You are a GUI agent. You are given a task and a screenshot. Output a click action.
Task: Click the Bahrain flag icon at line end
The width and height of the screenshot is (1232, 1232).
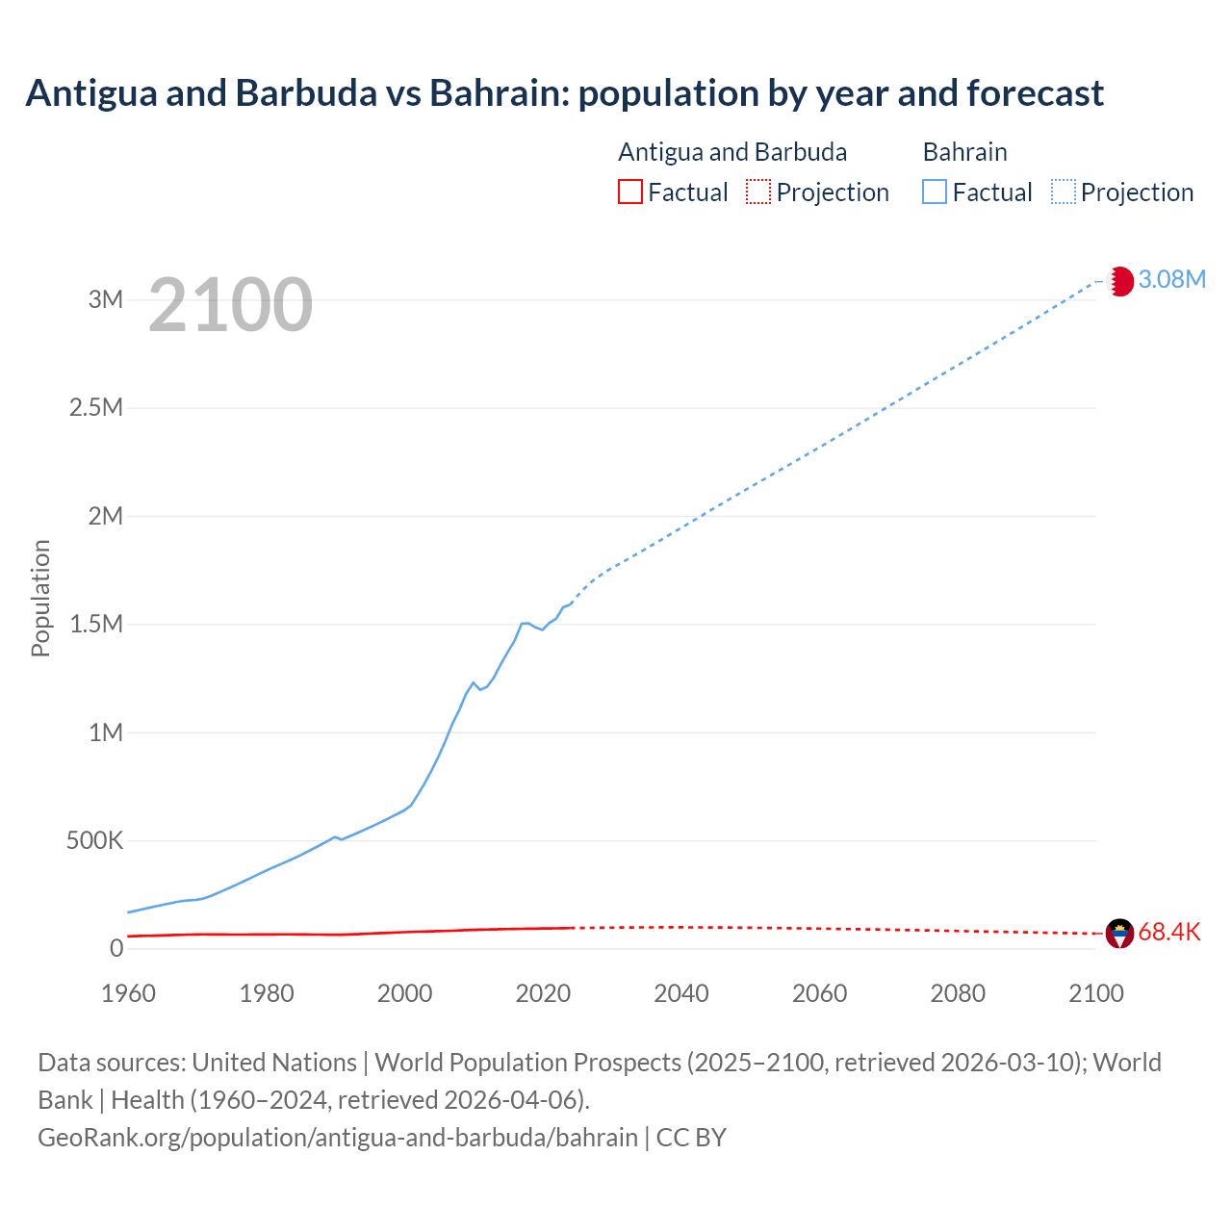click(1120, 281)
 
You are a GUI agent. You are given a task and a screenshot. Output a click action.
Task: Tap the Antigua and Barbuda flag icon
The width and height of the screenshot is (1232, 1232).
click(1119, 933)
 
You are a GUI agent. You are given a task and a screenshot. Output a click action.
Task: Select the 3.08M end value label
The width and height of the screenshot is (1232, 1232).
click(1171, 279)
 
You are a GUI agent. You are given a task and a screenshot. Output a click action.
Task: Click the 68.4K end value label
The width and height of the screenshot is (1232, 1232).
click(1169, 932)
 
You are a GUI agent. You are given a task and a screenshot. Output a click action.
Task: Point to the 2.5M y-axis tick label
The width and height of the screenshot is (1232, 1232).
click(96, 407)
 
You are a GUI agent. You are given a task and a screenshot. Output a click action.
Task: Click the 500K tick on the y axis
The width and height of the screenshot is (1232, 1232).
click(95, 840)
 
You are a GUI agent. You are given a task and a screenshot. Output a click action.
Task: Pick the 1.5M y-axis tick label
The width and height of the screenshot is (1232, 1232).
click(96, 624)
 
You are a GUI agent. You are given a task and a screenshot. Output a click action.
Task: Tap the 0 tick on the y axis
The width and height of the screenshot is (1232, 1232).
click(116, 948)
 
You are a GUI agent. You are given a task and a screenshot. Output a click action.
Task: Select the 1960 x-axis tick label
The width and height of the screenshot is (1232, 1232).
click(128, 993)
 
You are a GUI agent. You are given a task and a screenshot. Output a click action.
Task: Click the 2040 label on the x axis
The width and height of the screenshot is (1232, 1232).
click(681, 993)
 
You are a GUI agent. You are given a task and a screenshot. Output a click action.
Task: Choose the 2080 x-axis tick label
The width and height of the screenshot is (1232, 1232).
click(958, 993)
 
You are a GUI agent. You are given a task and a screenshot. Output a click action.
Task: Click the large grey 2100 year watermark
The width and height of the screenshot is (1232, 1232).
click(230, 305)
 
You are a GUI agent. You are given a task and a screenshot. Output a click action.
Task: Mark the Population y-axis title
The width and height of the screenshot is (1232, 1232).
click(40, 598)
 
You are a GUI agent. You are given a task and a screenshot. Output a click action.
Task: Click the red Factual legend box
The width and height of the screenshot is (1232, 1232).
click(630, 192)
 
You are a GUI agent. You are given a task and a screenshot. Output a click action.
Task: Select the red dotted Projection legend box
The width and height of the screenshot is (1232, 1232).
click(758, 192)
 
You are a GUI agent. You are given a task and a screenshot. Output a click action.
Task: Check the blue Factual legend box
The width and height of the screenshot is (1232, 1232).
click(935, 192)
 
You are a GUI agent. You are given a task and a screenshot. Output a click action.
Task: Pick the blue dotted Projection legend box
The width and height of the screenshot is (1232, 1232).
click(1064, 192)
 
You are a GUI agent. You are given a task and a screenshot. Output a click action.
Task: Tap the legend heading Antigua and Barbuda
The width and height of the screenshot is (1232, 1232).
click(732, 152)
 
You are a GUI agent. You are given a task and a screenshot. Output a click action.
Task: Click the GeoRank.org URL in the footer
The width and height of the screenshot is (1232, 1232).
click(338, 1137)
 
